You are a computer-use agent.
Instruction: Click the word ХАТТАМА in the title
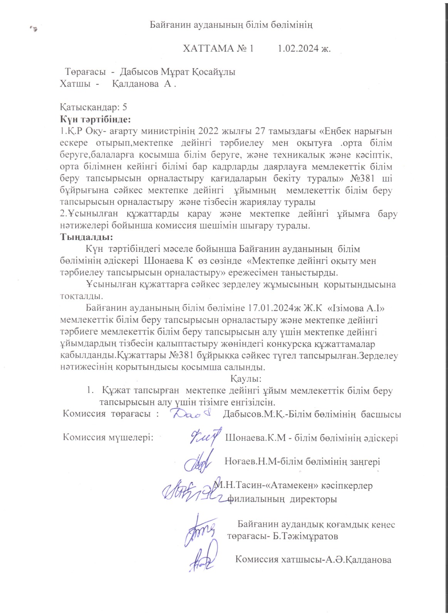click(208, 49)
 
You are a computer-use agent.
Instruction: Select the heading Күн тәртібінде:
click(96, 119)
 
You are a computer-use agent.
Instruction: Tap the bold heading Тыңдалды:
click(87, 237)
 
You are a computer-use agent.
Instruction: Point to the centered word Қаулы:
click(246, 378)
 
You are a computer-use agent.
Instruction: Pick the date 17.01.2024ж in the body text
click(279, 308)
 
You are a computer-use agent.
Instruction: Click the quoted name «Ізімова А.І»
click(356, 308)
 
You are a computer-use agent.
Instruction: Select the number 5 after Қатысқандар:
click(124, 107)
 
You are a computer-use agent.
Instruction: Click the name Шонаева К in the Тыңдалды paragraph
click(168, 261)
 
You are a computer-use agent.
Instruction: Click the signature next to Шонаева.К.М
click(205, 437)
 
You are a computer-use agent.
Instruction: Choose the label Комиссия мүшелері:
click(108, 438)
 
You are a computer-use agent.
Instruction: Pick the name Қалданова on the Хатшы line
click(136, 84)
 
